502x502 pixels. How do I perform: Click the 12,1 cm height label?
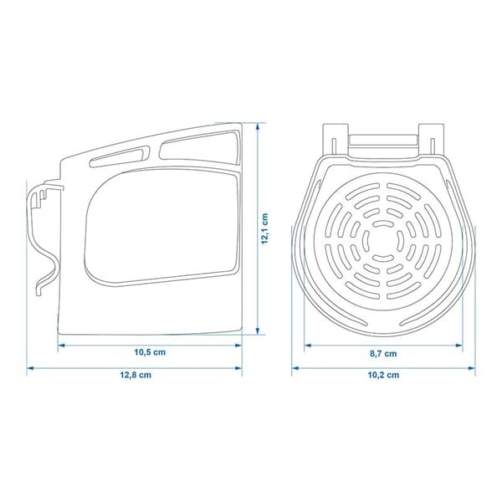264,228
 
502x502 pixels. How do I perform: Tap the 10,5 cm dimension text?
150,352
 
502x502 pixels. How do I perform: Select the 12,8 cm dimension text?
136,375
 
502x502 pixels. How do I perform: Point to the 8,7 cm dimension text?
383,354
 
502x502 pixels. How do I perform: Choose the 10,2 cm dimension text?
383,375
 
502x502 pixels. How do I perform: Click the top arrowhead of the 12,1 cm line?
257,126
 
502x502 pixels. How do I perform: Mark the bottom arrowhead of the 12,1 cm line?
257,331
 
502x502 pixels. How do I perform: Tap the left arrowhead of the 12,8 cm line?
30,368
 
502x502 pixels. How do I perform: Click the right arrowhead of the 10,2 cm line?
472,368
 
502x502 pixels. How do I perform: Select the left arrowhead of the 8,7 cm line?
308,346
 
